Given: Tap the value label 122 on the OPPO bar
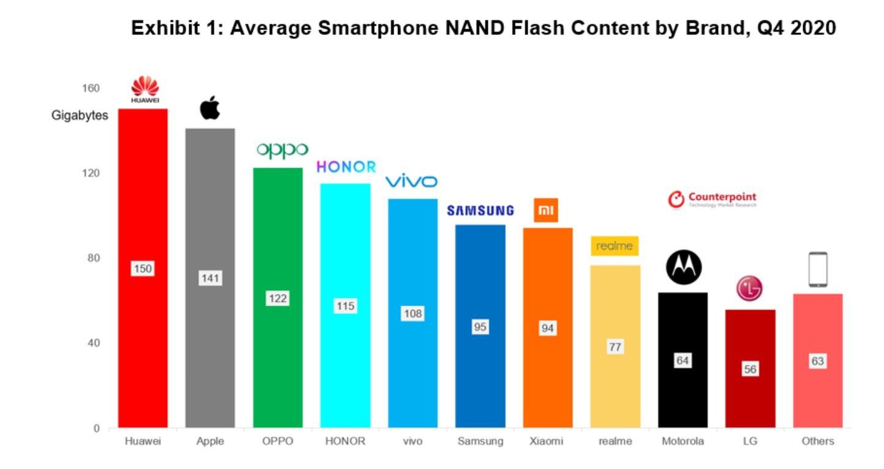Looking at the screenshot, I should pos(278,299).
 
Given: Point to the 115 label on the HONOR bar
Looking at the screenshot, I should pos(345,306).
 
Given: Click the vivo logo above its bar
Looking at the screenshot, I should pos(411,181).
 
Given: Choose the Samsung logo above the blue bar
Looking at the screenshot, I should pos(481,211).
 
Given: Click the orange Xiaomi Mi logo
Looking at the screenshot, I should pos(545,210).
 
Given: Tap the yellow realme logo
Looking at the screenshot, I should pos(615,246).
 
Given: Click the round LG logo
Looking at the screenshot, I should pos(750,288).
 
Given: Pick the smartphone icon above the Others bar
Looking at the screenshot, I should pos(818,269).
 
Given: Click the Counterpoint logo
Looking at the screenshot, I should pos(713,200).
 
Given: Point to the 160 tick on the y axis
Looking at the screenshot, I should pos(89,89).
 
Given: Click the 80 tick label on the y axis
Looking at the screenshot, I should pos(92,258).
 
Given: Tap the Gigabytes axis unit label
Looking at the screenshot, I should pos(80,115).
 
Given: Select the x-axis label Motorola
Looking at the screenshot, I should pos(683,441).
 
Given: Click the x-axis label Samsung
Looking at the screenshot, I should pos(481,441).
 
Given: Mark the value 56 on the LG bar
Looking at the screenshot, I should pos(750,369).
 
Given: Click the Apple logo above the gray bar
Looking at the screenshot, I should pos(210,108).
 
